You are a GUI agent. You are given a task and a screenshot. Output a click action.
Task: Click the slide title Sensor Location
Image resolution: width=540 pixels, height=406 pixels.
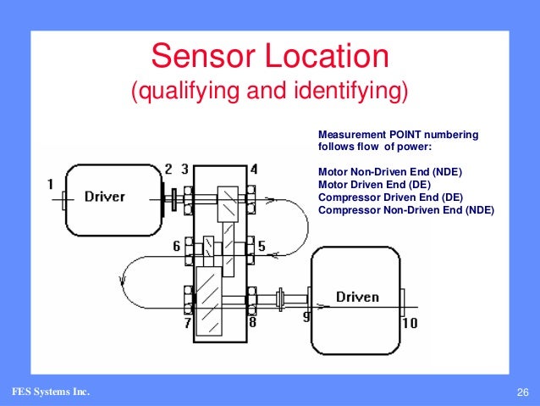click(x=269, y=58)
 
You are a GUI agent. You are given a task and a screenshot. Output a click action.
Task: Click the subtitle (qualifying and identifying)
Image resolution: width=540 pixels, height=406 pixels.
click(x=269, y=92)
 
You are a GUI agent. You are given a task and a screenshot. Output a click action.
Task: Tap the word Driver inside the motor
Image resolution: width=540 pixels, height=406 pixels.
click(x=104, y=197)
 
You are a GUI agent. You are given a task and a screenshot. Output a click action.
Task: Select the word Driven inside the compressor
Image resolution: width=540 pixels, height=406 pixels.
click(x=357, y=297)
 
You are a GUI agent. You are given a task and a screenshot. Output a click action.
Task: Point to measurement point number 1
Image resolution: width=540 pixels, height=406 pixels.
click(x=50, y=182)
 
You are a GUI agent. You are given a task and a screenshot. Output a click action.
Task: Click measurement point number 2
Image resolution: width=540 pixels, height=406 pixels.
click(x=168, y=170)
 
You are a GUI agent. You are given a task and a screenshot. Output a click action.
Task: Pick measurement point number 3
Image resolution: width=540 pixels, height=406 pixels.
click(x=185, y=170)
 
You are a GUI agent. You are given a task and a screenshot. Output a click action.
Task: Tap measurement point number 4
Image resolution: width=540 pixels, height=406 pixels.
click(x=254, y=170)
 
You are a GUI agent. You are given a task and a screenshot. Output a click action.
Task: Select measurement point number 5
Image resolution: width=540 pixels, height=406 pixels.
click(x=262, y=247)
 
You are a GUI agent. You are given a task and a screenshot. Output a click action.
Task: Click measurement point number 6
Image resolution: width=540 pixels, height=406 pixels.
click(x=177, y=247)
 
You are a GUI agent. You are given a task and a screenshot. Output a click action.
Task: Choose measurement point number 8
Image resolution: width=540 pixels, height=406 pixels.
click(x=252, y=323)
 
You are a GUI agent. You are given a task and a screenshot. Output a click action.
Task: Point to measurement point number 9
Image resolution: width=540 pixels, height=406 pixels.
click(x=306, y=316)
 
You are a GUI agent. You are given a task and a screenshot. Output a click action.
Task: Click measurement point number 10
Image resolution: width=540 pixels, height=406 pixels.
click(x=410, y=323)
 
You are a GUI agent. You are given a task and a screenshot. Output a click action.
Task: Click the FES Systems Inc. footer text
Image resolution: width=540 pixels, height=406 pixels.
click(x=50, y=392)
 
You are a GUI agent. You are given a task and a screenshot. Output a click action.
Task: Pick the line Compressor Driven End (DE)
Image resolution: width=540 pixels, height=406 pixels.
click(x=390, y=197)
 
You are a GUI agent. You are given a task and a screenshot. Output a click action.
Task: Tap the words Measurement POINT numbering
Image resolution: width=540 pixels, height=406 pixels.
click(x=398, y=134)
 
